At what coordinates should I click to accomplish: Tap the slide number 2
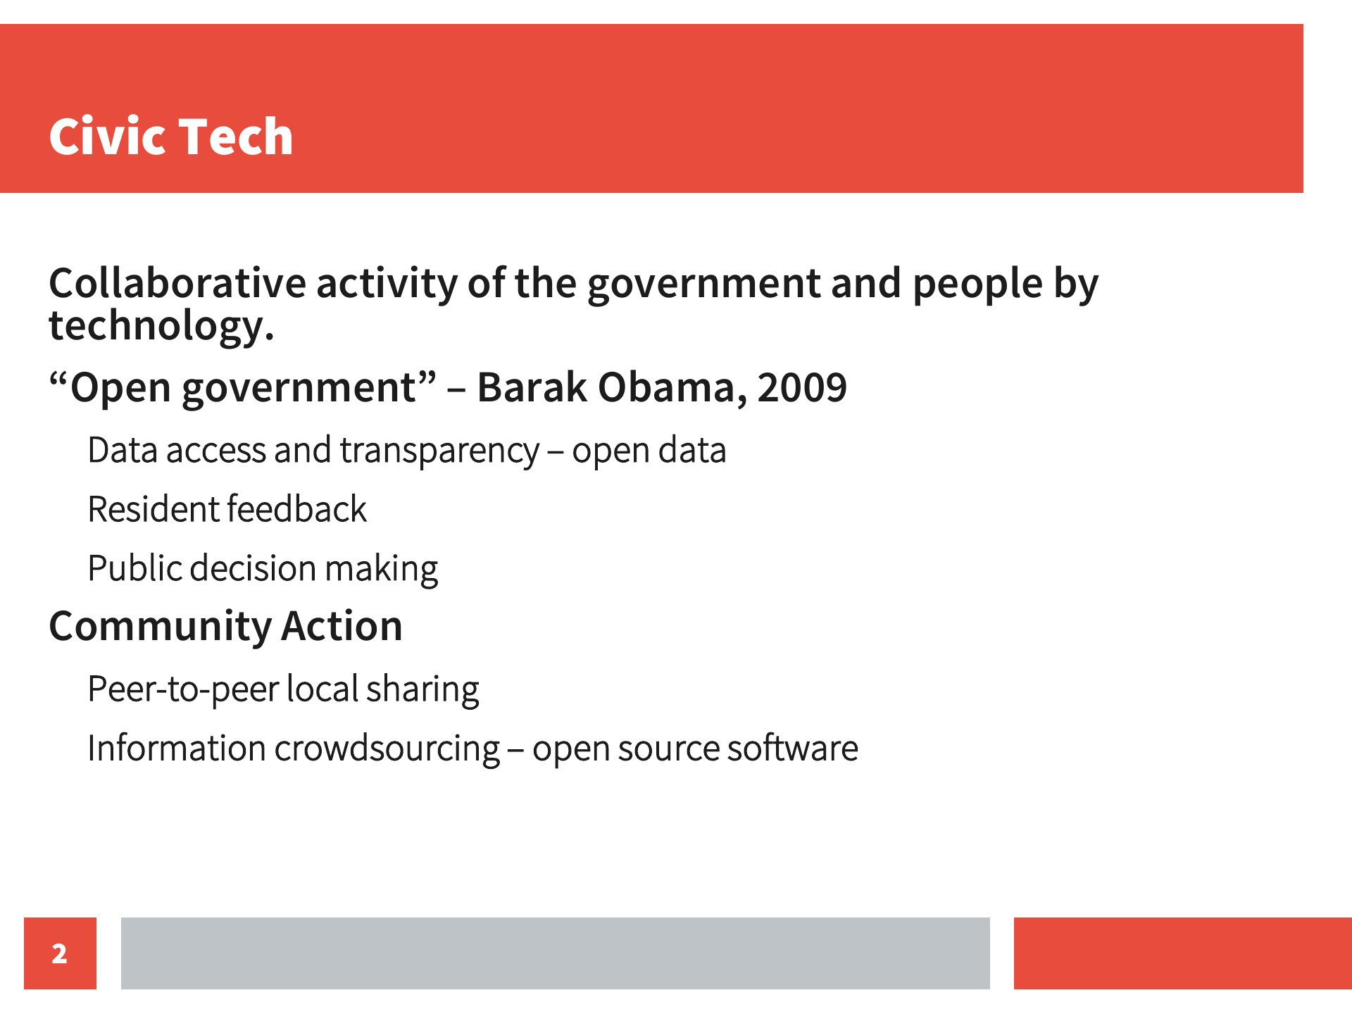tap(60, 953)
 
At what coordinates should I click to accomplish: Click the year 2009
tap(802, 387)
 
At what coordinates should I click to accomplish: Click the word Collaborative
tap(177, 283)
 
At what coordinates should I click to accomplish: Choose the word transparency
tap(439, 451)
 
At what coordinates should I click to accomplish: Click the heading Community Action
tap(225, 626)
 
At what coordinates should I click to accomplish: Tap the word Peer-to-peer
tap(183, 689)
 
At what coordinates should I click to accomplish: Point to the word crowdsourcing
tap(387, 749)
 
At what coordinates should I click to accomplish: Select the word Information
tap(176, 748)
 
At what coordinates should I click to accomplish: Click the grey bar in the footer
tap(555, 953)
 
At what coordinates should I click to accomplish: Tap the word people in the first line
tap(977, 284)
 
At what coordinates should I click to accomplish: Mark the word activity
tap(387, 284)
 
